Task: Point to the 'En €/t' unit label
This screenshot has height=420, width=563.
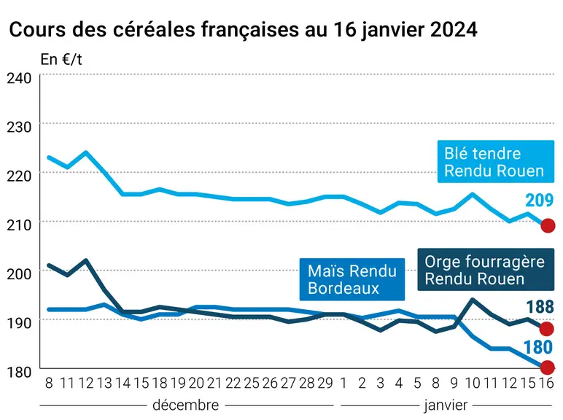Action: click(x=61, y=60)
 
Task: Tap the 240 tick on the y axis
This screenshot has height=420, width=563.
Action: click(x=20, y=78)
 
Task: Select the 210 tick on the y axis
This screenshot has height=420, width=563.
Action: click(x=20, y=225)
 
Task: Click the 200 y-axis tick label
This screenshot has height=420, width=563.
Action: click(x=20, y=274)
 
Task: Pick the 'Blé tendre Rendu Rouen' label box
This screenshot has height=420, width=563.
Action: click(x=495, y=162)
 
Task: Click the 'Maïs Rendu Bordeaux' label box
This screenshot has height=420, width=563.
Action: click(x=352, y=279)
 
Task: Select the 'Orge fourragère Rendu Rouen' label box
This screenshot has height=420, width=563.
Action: click(x=486, y=270)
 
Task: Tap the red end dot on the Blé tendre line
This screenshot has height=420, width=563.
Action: click(x=548, y=226)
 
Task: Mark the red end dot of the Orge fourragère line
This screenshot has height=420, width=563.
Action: click(x=547, y=328)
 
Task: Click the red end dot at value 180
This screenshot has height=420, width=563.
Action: click(x=547, y=367)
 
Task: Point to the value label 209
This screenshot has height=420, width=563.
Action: click(x=540, y=201)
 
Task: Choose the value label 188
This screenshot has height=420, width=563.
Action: click(x=540, y=307)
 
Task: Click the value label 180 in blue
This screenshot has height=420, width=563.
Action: click(x=538, y=348)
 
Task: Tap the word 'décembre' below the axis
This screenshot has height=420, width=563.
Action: click(x=186, y=405)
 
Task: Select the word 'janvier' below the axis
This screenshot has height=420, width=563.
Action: click(x=446, y=405)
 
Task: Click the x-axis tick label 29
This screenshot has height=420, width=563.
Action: click(x=325, y=384)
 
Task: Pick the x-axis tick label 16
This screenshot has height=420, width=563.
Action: click(x=546, y=384)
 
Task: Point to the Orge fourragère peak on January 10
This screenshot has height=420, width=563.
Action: click(x=473, y=300)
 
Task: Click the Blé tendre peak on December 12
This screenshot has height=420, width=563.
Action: click(x=86, y=152)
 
